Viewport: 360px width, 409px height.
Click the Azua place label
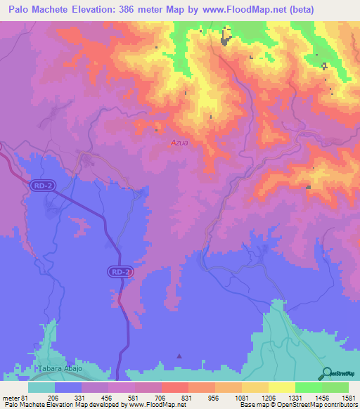click(x=179, y=142)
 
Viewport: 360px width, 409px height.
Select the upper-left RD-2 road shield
click(x=41, y=186)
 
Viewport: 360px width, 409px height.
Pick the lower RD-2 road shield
click(x=120, y=271)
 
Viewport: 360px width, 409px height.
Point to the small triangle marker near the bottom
click(x=179, y=356)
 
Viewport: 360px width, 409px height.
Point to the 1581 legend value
click(x=347, y=397)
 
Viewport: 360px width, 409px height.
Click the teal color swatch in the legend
click(x=41, y=387)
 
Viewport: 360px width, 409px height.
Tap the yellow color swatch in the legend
click(x=281, y=387)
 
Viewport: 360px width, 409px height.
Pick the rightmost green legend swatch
click(x=335, y=387)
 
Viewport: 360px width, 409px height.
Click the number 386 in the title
click(x=135, y=9)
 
